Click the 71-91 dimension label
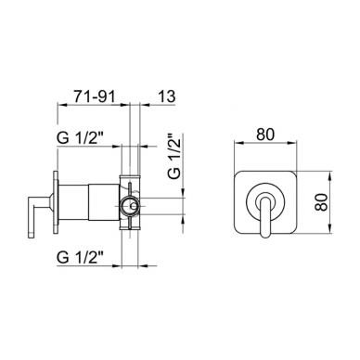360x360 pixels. tap(94, 96)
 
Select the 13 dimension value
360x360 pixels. tap(166, 96)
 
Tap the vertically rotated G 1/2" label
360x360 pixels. tap(174, 157)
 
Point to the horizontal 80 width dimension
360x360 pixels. tap(265, 135)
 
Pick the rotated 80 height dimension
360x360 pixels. tap(323, 202)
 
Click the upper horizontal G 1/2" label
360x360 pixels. tap(80, 138)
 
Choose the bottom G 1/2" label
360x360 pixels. tap(80, 257)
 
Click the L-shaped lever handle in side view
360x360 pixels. tap(35, 213)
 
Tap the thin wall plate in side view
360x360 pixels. tap(56, 202)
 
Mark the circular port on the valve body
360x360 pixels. tap(130, 205)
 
